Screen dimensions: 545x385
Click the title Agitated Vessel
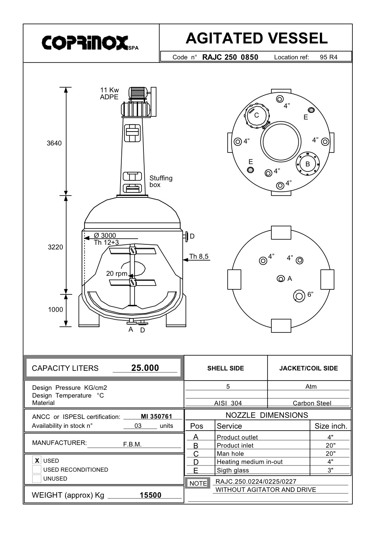point(256,38)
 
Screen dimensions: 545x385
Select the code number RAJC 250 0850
point(230,57)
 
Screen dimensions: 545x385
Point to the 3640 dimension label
point(54,143)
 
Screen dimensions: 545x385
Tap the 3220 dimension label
point(55,247)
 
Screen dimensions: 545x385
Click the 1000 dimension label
point(55,310)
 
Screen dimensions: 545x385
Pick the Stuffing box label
point(161,181)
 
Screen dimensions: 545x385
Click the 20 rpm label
point(116,273)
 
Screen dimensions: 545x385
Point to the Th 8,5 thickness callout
point(199,256)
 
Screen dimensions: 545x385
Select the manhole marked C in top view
point(257,116)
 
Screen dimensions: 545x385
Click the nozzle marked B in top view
point(307,164)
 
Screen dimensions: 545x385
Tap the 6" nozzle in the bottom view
point(299,296)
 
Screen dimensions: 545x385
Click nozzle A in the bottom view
point(281,279)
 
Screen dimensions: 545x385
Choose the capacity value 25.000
point(145,368)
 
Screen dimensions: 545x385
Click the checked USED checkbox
point(37,460)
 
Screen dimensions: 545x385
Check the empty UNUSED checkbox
point(37,478)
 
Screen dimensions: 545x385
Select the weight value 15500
point(150,495)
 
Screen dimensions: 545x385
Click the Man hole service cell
point(230,454)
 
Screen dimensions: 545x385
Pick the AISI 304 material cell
point(228,403)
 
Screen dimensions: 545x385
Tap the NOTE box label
point(198,483)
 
